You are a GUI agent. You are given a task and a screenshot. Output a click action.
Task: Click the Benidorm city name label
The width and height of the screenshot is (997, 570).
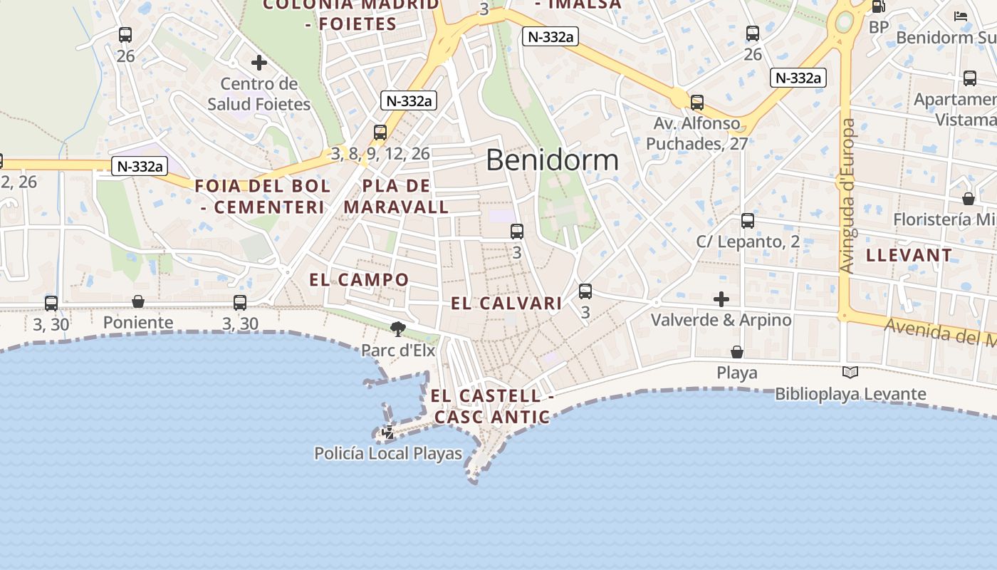coord(552,160)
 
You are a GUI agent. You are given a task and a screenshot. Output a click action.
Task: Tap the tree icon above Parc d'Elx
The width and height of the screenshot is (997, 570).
coord(397,328)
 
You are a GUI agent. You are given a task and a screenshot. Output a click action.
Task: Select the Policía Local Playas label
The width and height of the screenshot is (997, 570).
coord(388,453)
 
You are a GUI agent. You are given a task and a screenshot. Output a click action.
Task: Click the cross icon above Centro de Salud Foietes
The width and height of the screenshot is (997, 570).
coord(259,63)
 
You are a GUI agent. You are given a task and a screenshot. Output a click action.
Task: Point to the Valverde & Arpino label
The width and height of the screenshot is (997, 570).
coord(721,320)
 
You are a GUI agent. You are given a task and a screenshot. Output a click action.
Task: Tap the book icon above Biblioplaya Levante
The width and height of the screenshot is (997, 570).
coord(850,372)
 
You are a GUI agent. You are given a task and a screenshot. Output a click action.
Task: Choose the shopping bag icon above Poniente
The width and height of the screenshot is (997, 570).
coord(138,302)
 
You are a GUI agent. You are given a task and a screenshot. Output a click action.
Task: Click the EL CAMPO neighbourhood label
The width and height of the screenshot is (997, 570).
coord(359,279)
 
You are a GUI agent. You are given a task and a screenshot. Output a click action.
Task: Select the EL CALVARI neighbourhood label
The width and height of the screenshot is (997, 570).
coord(506,304)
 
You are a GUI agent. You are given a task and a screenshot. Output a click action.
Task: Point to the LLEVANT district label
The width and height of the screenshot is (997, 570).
coord(909,255)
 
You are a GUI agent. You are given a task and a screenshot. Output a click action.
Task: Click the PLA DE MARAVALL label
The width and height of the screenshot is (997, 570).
coord(396,197)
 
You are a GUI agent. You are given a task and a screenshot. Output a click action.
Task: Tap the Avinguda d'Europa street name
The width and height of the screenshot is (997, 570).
coord(847,196)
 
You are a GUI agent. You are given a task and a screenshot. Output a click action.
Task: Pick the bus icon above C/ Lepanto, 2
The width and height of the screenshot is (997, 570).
coord(747,221)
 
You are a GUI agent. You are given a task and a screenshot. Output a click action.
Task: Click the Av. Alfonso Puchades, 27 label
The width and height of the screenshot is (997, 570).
coord(696,133)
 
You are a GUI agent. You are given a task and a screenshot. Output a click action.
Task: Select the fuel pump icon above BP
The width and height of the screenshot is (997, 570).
coord(879,7)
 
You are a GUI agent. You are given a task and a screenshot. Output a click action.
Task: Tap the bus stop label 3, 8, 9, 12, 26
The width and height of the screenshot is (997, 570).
coord(380,153)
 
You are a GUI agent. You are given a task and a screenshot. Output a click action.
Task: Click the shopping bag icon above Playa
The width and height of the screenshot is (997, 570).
coord(737,352)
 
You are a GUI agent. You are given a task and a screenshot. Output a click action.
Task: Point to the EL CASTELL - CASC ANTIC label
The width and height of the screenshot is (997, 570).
coord(491,406)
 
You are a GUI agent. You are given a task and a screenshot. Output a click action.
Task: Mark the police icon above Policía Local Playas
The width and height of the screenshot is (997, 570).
coord(387,432)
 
